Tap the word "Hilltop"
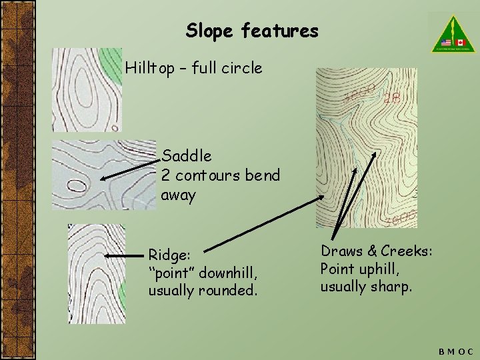[x=151, y=67]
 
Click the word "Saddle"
[x=187, y=156]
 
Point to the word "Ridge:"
[x=170, y=255]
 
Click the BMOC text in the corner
[x=456, y=351]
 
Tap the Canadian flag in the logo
[x=460, y=42]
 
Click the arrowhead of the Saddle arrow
[x=101, y=178]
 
